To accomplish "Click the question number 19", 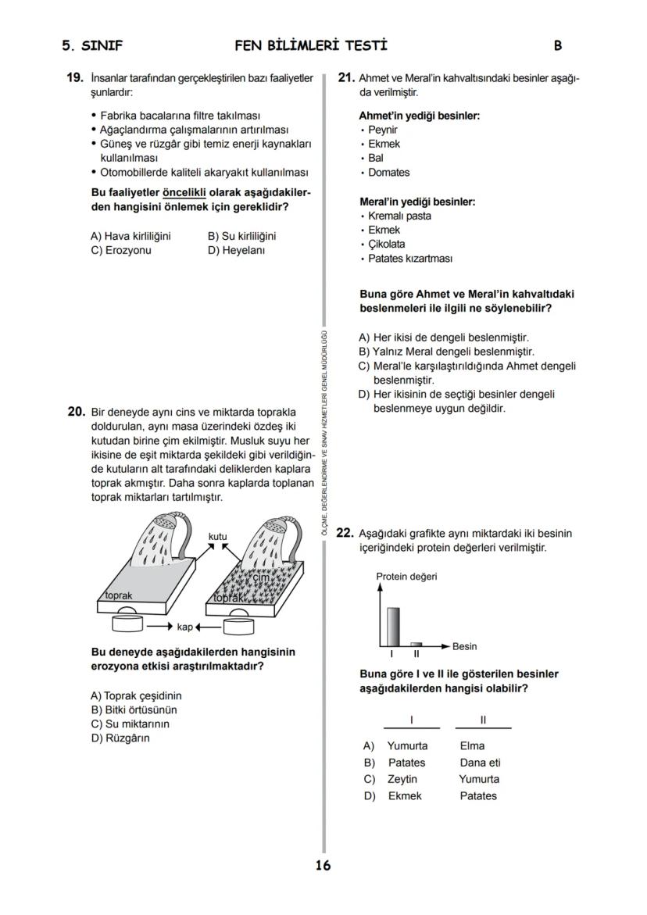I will tap(75, 78).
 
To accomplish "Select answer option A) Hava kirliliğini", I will tap(130, 236).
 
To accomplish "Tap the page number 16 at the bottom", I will tap(323, 865).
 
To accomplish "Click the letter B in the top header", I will tap(558, 46).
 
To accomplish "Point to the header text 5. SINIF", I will tap(92, 46).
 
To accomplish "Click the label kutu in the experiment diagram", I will tap(218, 536).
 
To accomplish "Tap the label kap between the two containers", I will tap(185, 627).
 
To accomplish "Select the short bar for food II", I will tap(416, 644).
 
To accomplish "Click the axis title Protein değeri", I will tap(406, 577).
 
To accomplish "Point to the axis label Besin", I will tap(464, 646).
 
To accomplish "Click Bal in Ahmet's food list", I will tap(376, 158).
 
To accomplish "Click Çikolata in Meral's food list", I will tap(387, 244).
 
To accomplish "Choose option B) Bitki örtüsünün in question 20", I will tap(134, 709).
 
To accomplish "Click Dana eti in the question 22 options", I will tap(480, 762).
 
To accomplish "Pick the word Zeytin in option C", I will tap(402, 779).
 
